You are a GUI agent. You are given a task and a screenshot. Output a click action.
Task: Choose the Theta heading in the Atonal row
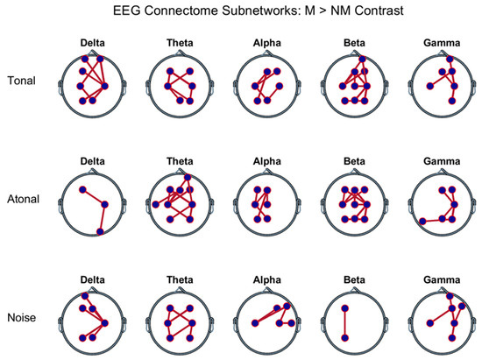click(x=180, y=161)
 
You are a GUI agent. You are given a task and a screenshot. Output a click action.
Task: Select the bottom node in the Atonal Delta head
click(x=101, y=231)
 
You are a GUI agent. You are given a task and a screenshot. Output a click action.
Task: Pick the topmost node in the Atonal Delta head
click(x=82, y=189)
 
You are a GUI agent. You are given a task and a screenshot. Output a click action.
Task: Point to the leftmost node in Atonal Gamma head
click(x=422, y=221)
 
